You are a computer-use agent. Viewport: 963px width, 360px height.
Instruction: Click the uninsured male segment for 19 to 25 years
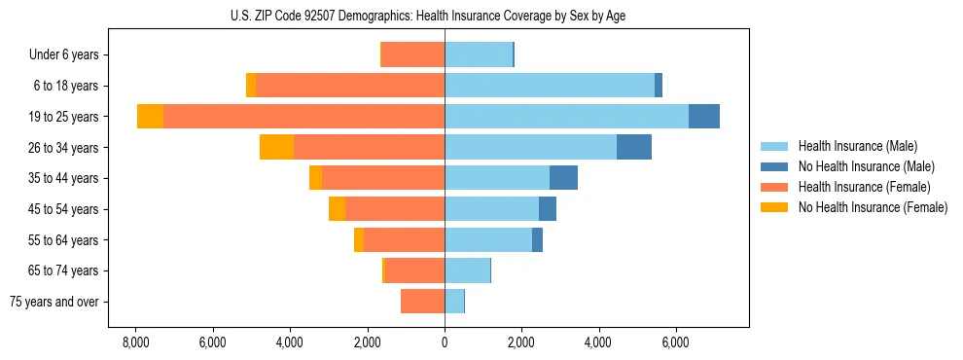click(x=703, y=117)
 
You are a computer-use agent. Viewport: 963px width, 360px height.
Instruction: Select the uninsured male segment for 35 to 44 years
click(x=563, y=178)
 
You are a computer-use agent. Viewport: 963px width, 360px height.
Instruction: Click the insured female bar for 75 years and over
click(x=422, y=302)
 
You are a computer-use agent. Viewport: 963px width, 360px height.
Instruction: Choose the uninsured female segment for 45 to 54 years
click(x=337, y=209)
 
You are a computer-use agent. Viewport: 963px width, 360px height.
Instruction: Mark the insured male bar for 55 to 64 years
click(x=488, y=240)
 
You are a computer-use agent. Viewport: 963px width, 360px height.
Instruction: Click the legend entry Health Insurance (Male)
click(x=857, y=146)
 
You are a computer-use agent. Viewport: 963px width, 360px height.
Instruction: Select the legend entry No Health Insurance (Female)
click(x=873, y=207)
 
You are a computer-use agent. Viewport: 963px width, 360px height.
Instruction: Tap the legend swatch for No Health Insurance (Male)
click(x=774, y=166)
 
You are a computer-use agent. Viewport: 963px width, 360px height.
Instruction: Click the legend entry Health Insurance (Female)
click(x=864, y=187)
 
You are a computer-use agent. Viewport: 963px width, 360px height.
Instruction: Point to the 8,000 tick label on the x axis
click(x=136, y=342)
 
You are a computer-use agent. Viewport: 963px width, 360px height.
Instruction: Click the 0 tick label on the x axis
click(x=445, y=342)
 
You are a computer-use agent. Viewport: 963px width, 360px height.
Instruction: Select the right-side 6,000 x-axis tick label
click(x=675, y=342)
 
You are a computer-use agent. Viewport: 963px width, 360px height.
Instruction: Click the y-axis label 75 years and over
click(x=54, y=303)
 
